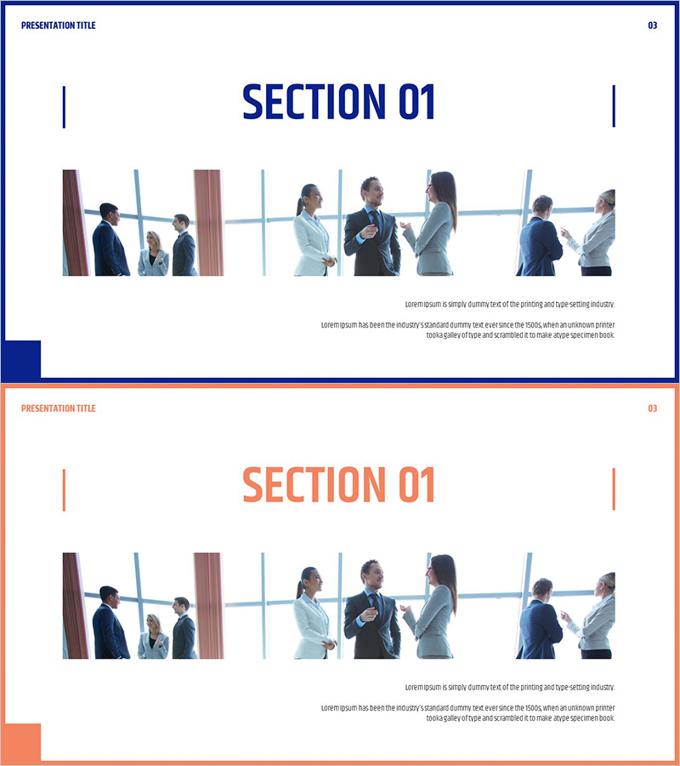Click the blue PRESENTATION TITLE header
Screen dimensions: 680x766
click(x=59, y=26)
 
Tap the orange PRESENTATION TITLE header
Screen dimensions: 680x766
click(x=59, y=409)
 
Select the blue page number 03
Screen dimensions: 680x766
click(x=652, y=26)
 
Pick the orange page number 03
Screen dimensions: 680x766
click(x=652, y=409)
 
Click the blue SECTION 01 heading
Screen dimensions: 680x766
click(x=338, y=101)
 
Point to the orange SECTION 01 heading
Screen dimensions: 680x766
click(x=338, y=484)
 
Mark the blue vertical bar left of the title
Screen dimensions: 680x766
click(x=64, y=107)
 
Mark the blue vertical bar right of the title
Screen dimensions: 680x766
click(x=614, y=106)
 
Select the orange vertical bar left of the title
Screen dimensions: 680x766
click(x=64, y=490)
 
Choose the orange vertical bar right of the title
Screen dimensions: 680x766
click(x=614, y=489)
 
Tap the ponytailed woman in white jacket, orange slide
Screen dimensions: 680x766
click(x=314, y=613)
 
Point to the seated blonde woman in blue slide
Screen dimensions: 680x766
click(x=153, y=254)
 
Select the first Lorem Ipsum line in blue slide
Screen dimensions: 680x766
click(x=510, y=305)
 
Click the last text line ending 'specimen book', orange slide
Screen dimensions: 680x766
click(x=520, y=718)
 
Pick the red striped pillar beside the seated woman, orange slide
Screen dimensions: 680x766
click(x=209, y=606)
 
